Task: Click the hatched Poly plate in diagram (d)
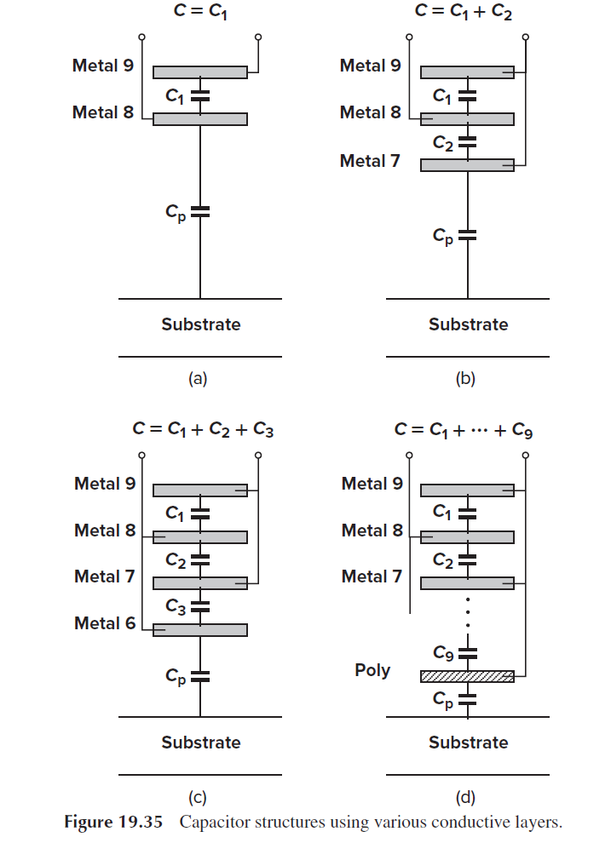[x=467, y=676]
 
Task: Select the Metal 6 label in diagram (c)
[x=105, y=623]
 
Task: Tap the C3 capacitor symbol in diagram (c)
[x=200, y=606]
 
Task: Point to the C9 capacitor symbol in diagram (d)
[x=468, y=653]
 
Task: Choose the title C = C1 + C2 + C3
[x=203, y=430]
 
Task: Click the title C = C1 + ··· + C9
[x=464, y=430]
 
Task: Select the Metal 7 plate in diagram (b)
[x=467, y=165]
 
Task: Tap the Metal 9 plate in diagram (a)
[x=200, y=72]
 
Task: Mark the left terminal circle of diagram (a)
[x=142, y=37]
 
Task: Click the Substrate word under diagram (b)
[x=468, y=324]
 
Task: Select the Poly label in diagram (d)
[x=372, y=670]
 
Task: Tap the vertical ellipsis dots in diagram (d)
[x=468, y=615]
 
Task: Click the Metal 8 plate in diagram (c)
[x=200, y=537]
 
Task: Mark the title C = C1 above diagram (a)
[x=200, y=12]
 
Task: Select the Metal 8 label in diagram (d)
[x=372, y=530]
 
